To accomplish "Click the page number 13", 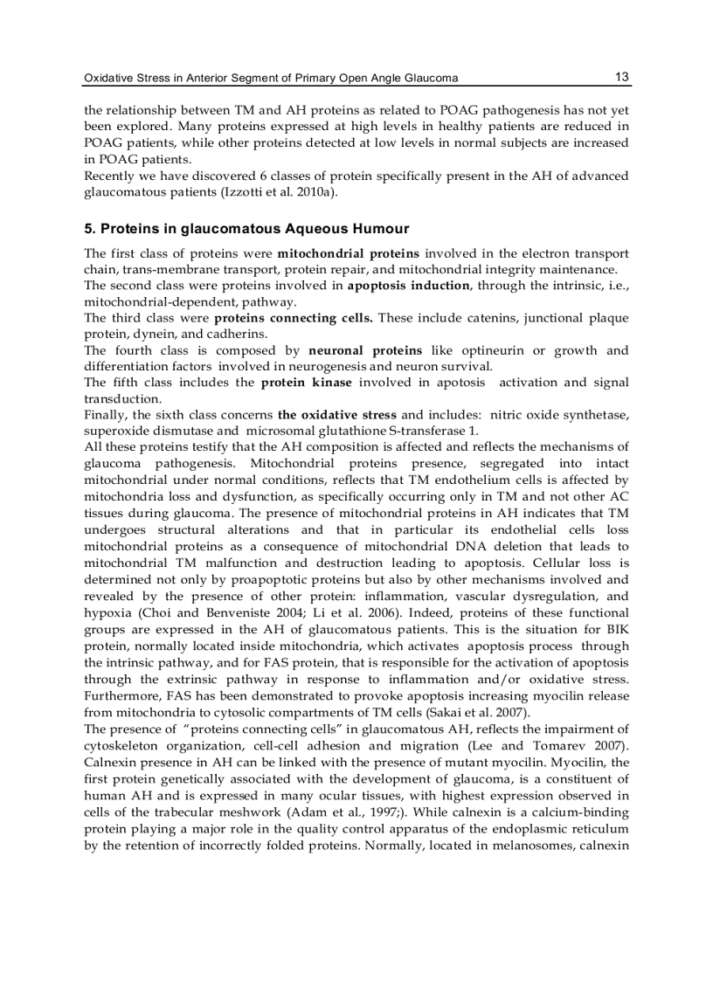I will pyautogui.click(x=621, y=77).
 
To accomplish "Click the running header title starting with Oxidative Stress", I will pyautogui.click(x=270, y=79).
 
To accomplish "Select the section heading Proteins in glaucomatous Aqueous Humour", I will pyautogui.click(x=246, y=229).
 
